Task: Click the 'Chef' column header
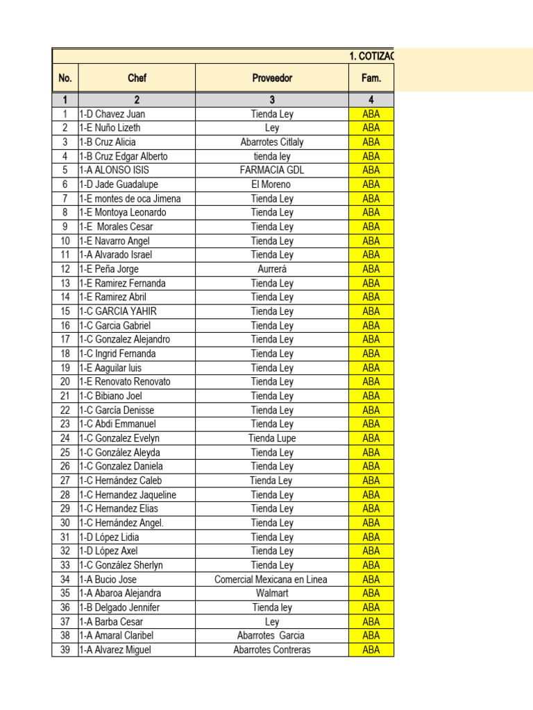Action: (x=137, y=78)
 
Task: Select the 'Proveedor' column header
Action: (x=272, y=78)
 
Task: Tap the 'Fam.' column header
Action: (x=371, y=78)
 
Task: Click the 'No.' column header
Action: (x=65, y=78)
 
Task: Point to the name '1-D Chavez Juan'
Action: (x=112, y=114)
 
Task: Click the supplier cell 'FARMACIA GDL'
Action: (x=272, y=170)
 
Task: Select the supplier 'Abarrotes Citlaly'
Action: (x=272, y=142)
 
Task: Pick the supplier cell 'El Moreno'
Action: (x=272, y=184)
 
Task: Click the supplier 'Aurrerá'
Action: (x=272, y=269)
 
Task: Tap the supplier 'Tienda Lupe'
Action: (x=272, y=438)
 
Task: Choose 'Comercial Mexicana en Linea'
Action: (x=271, y=579)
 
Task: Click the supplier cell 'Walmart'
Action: (x=272, y=594)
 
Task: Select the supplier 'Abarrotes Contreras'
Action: (x=272, y=650)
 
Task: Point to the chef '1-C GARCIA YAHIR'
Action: (x=117, y=311)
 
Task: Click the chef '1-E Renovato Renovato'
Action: (x=125, y=381)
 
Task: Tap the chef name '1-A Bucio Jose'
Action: (x=108, y=579)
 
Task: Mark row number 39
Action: (x=65, y=650)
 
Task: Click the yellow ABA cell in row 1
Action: (x=371, y=114)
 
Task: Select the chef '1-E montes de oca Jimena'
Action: (x=130, y=198)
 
